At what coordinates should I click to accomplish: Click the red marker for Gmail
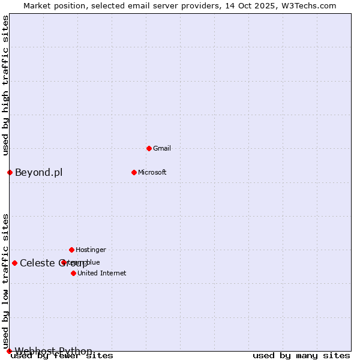(x=149, y=148)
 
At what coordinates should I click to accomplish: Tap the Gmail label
(x=162, y=148)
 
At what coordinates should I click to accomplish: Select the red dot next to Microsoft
(x=134, y=172)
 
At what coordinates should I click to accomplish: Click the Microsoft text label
(x=152, y=172)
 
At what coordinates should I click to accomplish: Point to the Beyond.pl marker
(x=10, y=172)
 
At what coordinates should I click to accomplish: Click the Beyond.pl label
(x=38, y=173)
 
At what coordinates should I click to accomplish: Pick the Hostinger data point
(x=71, y=250)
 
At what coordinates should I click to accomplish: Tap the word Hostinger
(x=91, y=250)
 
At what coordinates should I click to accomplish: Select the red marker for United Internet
(x=73, y=273)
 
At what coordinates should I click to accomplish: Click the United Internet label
(x=102, y=273)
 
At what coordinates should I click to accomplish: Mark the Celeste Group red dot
(x=14, y=263)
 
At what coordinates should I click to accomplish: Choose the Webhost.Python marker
(x=9, y=351)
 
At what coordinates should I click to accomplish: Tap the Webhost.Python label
(x=53, y=351)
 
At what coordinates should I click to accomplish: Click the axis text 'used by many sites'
(x=301, y=356)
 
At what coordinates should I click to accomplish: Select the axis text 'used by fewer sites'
(x=62, y=356)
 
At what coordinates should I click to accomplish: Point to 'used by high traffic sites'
(x=5, y=85)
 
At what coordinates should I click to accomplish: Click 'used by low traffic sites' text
(x=5, y=281)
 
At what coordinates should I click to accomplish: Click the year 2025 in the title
(x=249, y=5)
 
